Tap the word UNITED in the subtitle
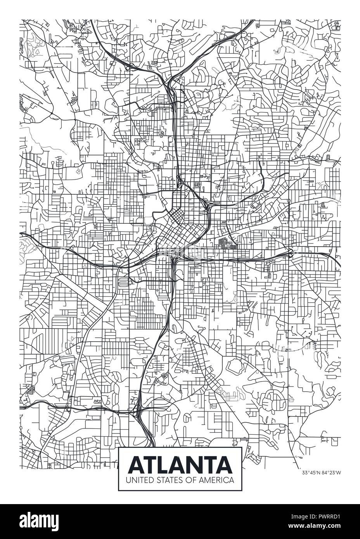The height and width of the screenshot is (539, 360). coord(135,480)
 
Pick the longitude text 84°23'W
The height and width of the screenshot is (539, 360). coord(331,472)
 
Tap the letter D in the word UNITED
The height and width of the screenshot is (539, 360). coord(144,480)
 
